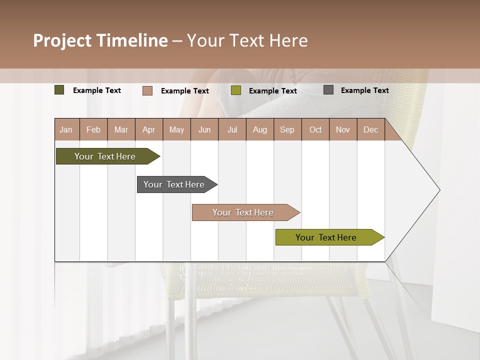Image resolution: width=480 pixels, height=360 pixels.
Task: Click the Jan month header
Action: (x=66, y=129)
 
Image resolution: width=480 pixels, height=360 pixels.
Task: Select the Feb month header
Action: (x=93, y=129)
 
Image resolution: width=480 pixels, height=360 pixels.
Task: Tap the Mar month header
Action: (x=121, y=129)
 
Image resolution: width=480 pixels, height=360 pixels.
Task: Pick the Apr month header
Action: (x=148, y=129)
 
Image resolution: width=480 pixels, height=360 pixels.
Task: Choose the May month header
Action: (x=176, y=129)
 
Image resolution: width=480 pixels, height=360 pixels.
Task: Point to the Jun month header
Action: (x=204, y=129)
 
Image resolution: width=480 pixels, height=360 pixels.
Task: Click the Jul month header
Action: (x=232, y=129)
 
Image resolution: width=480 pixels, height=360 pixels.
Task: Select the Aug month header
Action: (x=260, y=129)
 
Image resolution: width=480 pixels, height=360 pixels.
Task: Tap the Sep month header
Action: (x=287, y=129)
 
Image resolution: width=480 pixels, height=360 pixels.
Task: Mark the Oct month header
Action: (x=315, y=129)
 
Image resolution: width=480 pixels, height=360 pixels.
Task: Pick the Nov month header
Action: (x=343, y=129)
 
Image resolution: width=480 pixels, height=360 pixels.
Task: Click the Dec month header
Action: (x=371, y=129)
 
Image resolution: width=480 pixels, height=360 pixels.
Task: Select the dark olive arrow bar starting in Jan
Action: (x=105, y=156)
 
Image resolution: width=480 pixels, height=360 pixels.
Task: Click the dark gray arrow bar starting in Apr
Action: (x=174, y=184)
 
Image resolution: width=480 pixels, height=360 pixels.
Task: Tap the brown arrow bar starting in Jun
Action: (x=243, y=212)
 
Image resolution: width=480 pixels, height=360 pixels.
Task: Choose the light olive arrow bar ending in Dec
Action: (x=326, y=237)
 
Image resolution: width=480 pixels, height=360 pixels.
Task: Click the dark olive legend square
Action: (x=59, y=90)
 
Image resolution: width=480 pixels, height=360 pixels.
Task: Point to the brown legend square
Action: (x=147, y=90)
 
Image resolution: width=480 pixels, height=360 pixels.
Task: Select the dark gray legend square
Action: (x=328, y=90)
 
